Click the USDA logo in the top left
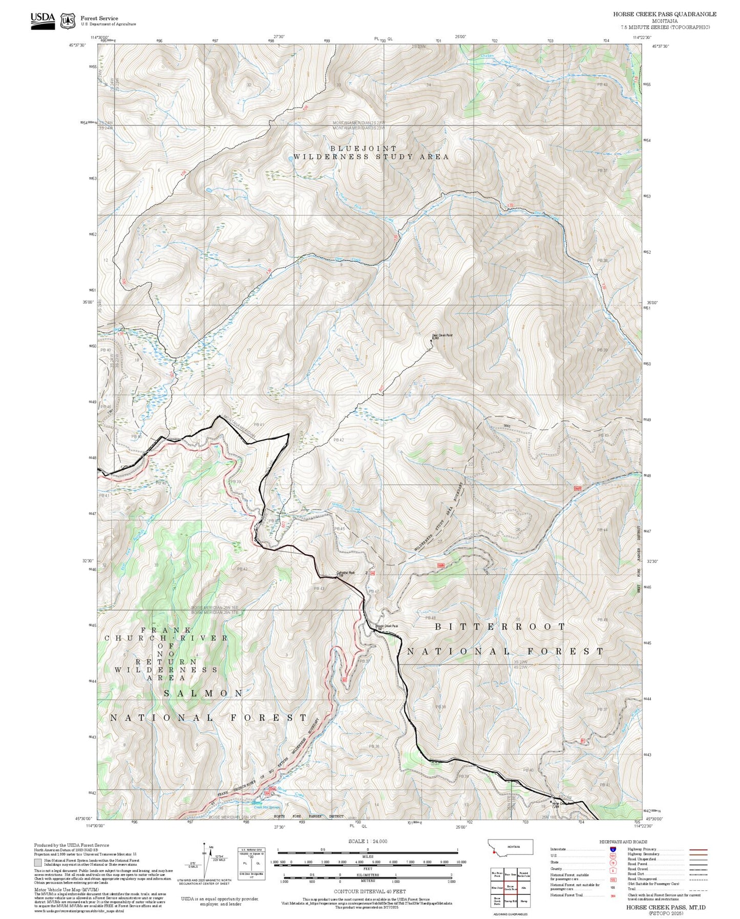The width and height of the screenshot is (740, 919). coord(43,20)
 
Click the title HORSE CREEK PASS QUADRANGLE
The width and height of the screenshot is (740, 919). coord(665,14)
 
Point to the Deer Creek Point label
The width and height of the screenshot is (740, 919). coord(442,336)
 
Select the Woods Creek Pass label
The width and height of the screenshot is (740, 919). coord(387,626)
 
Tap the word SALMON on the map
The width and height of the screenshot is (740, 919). coord(203,693)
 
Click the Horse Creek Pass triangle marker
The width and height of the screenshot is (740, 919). coord(551,802)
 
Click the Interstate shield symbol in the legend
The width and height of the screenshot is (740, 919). coord(612,849)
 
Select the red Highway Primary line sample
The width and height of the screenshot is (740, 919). coord(698,849)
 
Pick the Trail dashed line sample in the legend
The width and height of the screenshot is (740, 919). coord(698,889)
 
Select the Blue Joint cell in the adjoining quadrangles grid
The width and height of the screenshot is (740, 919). coord(496,888)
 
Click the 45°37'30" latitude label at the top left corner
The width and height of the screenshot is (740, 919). coord(77,45)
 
